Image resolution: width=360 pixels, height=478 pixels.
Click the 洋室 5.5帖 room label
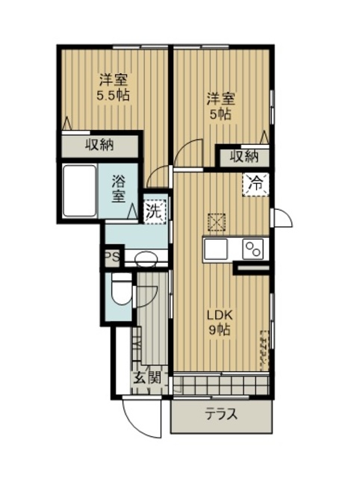[x=113, y=87]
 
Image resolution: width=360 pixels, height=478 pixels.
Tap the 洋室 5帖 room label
[x=221, y=106]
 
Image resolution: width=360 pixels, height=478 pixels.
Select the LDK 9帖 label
[x=220, y=322]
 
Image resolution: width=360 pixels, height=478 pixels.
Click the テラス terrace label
[x=220, y=415]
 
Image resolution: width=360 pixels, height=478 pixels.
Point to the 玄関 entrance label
[x=148, y=379]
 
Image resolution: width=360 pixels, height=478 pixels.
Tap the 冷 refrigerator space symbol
[x=255, y=184]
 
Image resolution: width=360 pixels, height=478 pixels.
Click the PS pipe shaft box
[x=112, y=256]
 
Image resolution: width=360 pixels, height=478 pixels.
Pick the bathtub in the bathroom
[x=79, y=191]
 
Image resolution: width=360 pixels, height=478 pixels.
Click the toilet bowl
[x=121, y=289]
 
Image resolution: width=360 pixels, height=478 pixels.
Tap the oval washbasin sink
[x=146, y=259]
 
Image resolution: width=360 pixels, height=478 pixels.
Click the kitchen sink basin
[x=216, y=249]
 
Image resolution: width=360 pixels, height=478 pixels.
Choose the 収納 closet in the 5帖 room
[x=244, y=158]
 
